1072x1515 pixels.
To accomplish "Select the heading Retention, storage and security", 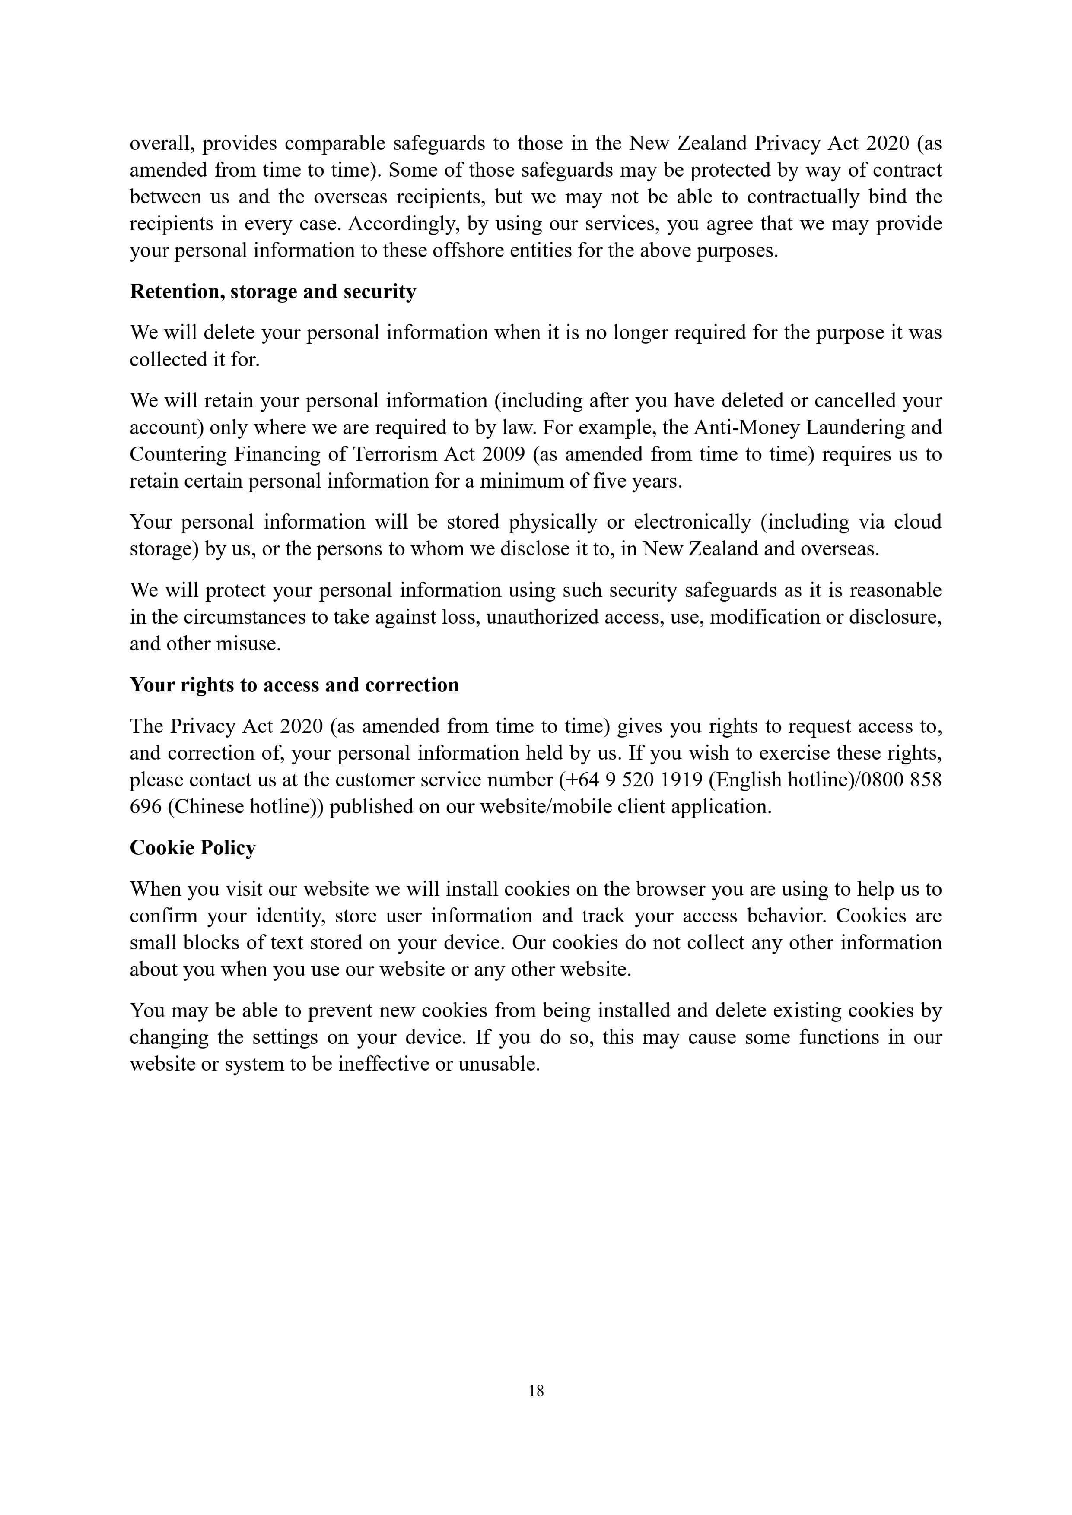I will point(273,292).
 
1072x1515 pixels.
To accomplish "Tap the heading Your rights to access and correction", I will point(294,685).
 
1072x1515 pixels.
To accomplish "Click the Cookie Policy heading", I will point(193,848).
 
